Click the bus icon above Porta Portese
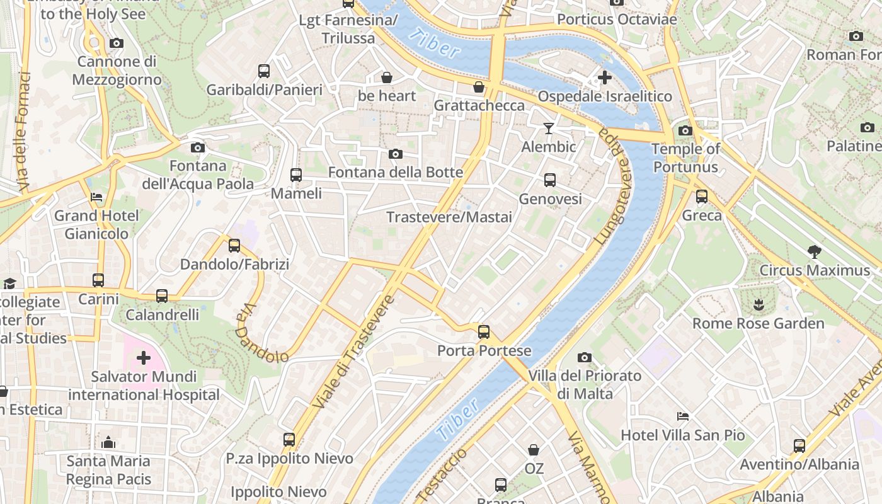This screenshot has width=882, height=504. click(x=483, y=331)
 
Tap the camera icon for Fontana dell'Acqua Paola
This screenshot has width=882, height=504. click(x=198, y=147)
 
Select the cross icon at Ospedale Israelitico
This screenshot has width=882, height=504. click(x=604, y=77)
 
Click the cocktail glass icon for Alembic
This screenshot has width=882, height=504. click(x=549, y=129)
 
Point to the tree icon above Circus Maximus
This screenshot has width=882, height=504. click(x=814, y=252)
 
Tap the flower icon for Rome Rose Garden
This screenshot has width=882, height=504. click(x=758, y=305)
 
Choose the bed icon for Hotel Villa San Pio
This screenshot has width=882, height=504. click(x=682, y=416)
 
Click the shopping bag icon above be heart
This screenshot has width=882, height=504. click(x=387, y=77)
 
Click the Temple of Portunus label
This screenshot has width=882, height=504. click(x=685, y=158)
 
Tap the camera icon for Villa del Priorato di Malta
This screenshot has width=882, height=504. click(x=585, y=358)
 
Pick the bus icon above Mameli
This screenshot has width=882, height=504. click(x=295, y=175)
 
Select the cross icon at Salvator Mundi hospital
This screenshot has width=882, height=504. click(x=144, y=358)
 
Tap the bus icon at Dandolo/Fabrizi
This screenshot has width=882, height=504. click(x=234, y=246)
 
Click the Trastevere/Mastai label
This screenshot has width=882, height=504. click(x=449, y=217)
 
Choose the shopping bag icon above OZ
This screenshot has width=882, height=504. click(x=534, y=450)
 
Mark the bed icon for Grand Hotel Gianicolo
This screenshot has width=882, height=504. click(x=96, y=197)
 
